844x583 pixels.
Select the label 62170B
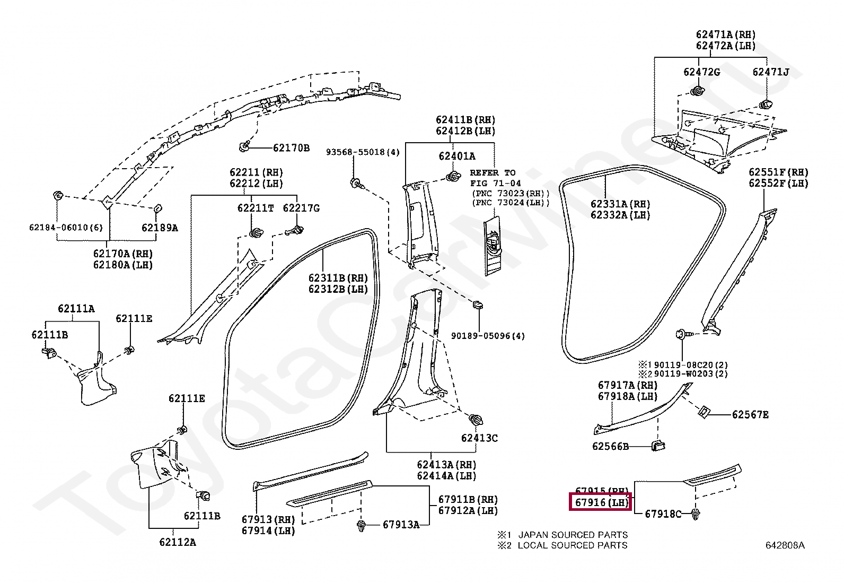(291, 147)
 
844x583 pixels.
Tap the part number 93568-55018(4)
(363, 152)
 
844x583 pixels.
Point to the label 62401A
(456, 156)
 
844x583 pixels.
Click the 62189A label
(159, 228)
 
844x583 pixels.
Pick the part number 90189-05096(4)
(488, 336)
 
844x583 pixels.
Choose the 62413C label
(479, 438)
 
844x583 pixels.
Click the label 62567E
(750, 414)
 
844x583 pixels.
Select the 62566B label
(610, 446)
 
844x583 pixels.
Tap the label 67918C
(663, 514)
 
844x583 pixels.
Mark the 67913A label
(401, 525)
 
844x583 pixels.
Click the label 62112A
(177, 542)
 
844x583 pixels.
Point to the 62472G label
(701, 72)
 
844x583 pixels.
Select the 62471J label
(770, 72)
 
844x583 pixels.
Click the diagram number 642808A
(784, 545)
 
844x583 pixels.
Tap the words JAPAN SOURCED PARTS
(573, 535)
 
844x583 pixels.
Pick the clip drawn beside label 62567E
(705, 411)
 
